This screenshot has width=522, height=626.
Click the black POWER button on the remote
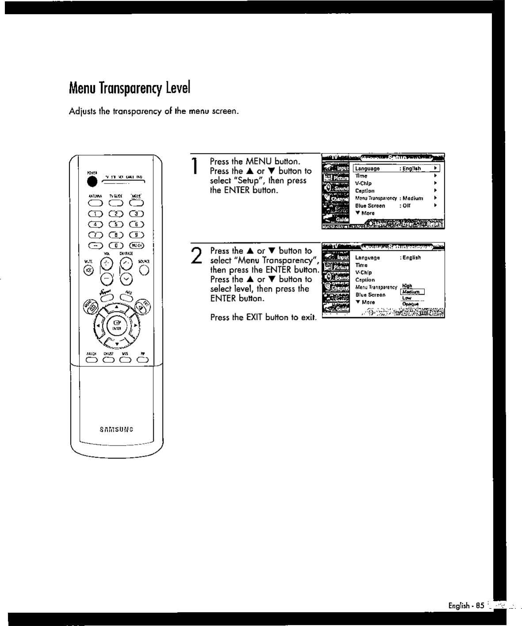[92, 182]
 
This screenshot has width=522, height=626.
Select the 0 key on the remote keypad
[116, 245]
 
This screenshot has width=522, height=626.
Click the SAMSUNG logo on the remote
[116, 429]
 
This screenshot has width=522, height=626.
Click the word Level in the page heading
[178, 88]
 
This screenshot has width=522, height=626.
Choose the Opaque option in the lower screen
[411, 304]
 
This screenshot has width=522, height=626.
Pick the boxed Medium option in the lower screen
[412, 292]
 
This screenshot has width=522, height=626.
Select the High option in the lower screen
[407, 286]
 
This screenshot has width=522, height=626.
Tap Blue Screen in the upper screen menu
[370, 206]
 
